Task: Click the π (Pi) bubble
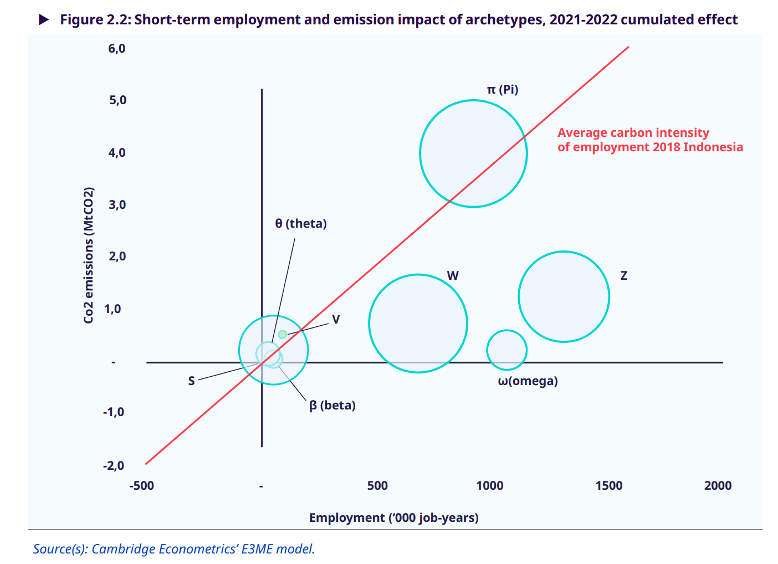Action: point(473,153)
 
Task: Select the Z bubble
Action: point(564,296)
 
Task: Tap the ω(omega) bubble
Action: point(506,350)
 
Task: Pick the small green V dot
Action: point(283,334)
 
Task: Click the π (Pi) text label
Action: point(502,90)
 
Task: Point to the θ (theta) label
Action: point(301,223)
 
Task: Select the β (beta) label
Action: point(332,406)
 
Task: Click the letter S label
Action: point(191,381)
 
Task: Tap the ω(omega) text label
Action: point(528,381)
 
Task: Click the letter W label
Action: point(453,275)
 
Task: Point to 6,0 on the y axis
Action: point(117,49)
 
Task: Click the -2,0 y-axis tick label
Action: point(114,465)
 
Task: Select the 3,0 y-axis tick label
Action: point(117,205)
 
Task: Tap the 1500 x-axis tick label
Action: point(608,486)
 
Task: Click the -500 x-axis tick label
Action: point(142,486)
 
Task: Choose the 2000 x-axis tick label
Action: point(718,486)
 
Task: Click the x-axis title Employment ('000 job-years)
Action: point(393,517)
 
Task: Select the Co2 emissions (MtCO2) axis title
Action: point(89,255)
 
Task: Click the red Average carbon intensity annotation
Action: point(649,140)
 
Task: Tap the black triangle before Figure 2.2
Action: point(44,20)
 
